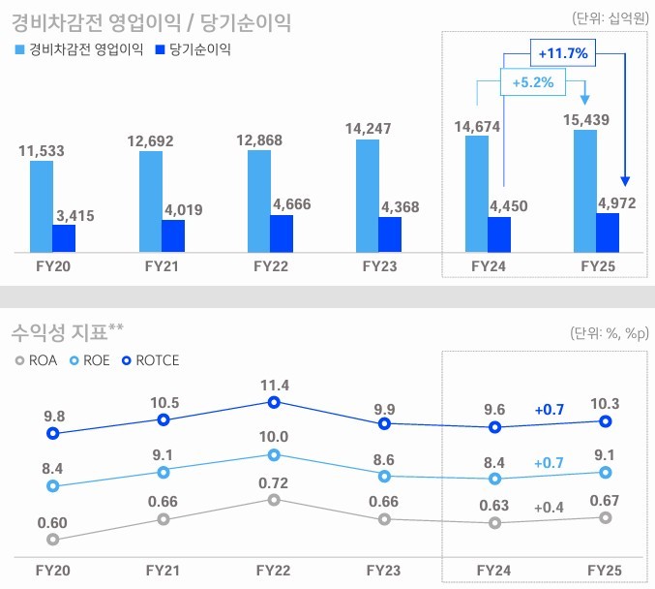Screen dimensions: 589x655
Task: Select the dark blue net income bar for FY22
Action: click(281, 233)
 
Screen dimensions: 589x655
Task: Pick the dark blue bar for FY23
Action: click(389, 234)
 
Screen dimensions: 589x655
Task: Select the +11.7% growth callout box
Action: click(564, 53)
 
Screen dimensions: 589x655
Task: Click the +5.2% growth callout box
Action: click(533, 83)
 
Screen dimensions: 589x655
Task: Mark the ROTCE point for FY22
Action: click(274, 402)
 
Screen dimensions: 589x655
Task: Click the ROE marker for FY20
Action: click(53, 486)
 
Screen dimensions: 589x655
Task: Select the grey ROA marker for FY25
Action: click(606, 517)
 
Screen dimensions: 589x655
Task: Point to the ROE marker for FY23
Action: click(384, 476)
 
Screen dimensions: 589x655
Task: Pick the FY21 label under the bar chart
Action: click(162, 263)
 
